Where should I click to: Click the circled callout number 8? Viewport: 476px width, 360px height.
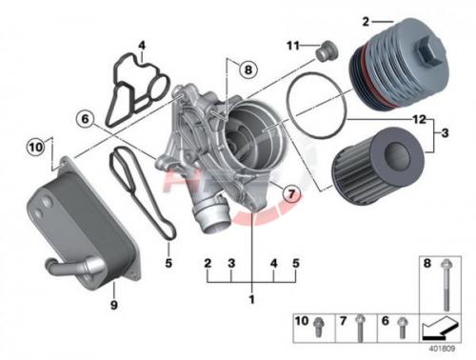(x=248, y=70)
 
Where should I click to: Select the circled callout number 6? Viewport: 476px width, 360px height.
(x=85, y=119)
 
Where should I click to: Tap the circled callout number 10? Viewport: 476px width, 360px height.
(x=35, y=148)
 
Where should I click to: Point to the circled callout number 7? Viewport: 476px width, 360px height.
(x=291, y=193)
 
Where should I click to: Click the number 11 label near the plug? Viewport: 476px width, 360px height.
(x=293, y=46)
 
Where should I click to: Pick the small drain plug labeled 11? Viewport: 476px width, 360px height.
(x=327, y=50)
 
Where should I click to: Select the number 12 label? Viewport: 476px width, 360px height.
(x=419, y=119)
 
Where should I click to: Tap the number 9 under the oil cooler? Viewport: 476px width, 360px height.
(x=113, y=305)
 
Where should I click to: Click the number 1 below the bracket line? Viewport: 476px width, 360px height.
(x=252, y=299)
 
